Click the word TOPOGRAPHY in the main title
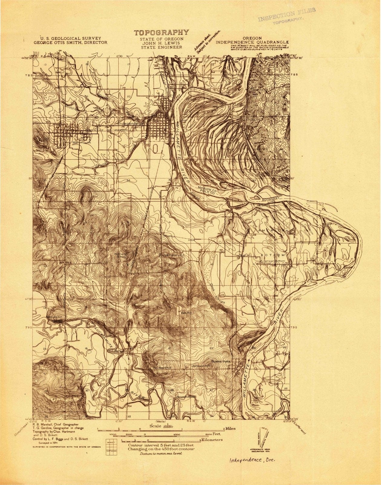click(x=162, y=32)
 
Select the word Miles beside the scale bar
click(x=229, y=429)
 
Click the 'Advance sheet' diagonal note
click(x=207, y=42)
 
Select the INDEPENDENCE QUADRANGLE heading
click(x=252, y=43)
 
